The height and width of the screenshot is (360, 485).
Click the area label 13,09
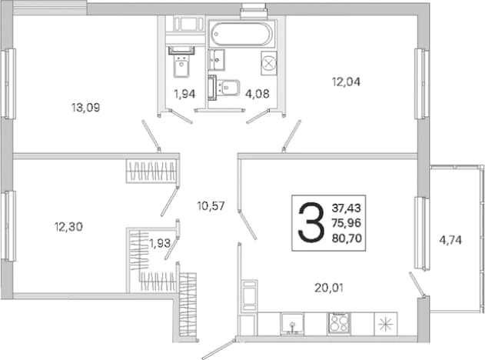coord(85,108)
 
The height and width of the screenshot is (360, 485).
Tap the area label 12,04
coord(346,82)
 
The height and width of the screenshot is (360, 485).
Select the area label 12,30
coord(68,227)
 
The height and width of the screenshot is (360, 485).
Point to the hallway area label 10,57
coord(211,206)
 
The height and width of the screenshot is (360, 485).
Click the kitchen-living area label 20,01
coord(329,288)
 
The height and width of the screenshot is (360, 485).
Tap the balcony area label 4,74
coord(450,240)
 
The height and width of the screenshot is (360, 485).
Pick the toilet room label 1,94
coord(184,94)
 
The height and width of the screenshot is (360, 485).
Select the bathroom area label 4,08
coord(257,94)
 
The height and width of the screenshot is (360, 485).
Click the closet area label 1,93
coord(160,243)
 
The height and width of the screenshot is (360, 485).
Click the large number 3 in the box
coord(311,222)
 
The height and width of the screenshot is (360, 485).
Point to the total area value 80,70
coord(347,238)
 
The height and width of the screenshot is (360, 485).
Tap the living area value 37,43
coord(347,208)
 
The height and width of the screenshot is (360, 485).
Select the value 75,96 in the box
coord(347,223)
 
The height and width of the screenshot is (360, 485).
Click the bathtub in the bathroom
coord(242,33)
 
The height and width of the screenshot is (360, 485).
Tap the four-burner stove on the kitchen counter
coord(339,324)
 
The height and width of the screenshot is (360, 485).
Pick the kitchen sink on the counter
coord(292,324)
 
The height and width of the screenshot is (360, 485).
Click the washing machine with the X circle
coord(269,63)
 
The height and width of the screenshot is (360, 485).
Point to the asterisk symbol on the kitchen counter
coord(386,324)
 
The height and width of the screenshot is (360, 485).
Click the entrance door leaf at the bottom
coord(218,349)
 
